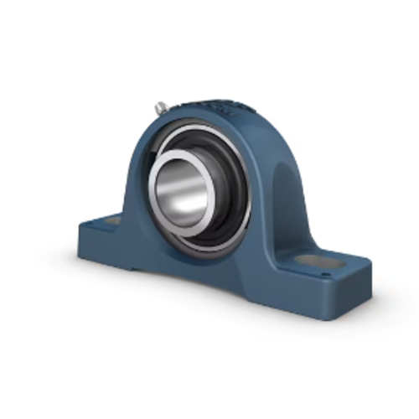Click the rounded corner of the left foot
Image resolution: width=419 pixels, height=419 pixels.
(x=82, y=226)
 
